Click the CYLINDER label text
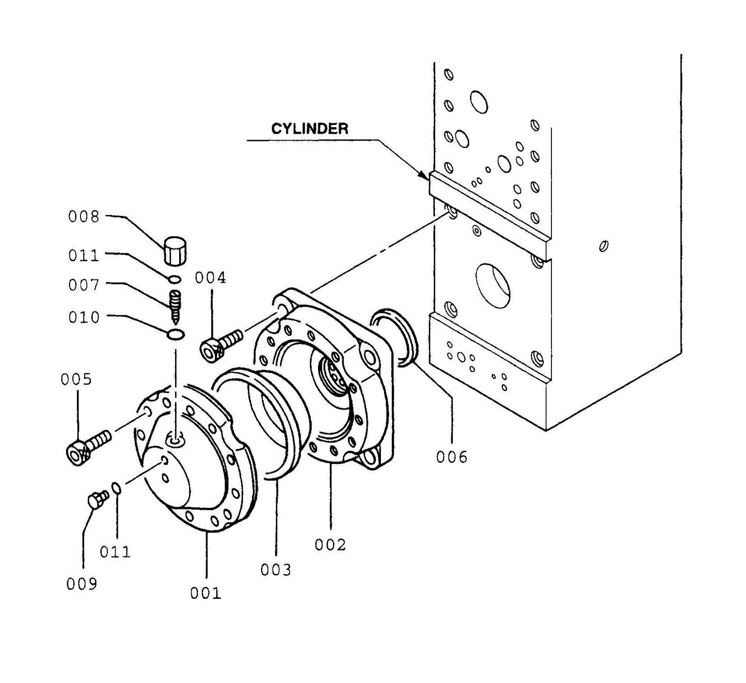310,129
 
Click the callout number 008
83,216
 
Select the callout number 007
83,285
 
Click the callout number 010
83,317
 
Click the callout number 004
210,278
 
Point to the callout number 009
82,584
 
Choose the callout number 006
451,457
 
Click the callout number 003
276,570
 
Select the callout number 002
330,545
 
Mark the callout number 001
205,593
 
